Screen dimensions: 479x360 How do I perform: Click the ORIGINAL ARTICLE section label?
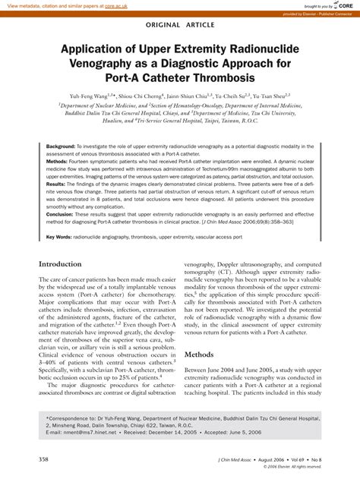coord(179,24)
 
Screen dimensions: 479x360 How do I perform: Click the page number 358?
coord(45,459)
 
